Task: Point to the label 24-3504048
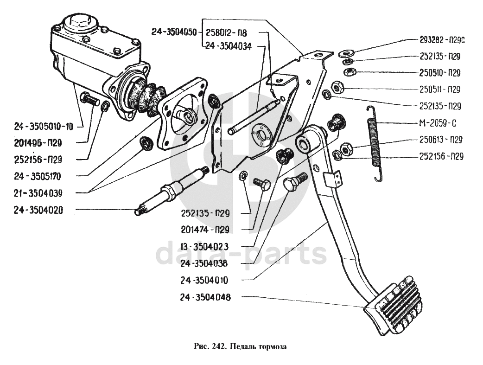point(205,297)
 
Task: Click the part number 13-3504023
point(205,246)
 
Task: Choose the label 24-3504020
point(38,210)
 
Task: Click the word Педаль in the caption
point(249,346)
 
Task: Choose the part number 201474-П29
point(205,229)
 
